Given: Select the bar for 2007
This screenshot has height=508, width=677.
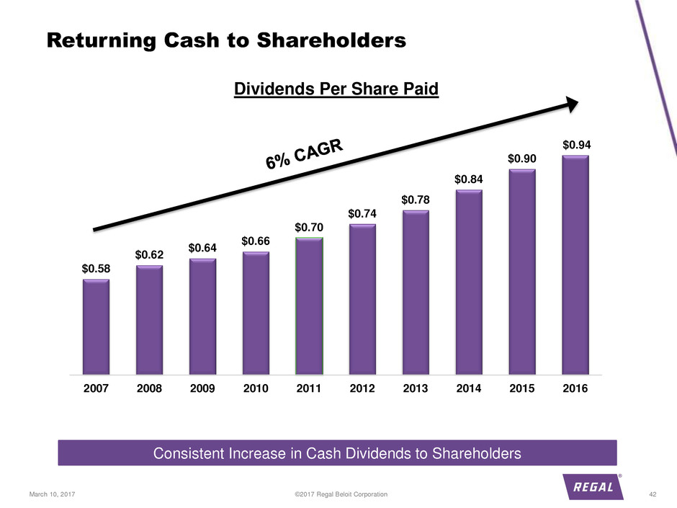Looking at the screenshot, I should tap(96, 327).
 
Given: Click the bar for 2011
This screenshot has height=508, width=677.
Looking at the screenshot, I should tap(309, 306).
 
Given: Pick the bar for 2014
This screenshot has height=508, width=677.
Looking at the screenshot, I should tap(468, 282).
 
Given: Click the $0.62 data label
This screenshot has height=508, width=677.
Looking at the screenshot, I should tap(149, 254).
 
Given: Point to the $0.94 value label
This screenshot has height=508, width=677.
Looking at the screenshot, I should tap(575, 145).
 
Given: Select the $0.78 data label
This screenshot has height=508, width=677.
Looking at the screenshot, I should tap(416, 199).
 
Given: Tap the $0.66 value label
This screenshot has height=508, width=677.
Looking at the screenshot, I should tap(256, 241).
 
